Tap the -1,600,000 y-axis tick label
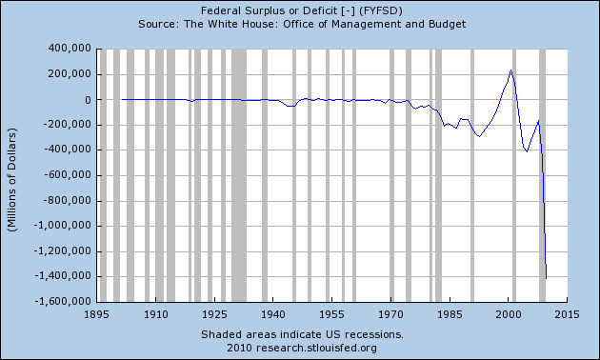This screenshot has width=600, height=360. point(56,302)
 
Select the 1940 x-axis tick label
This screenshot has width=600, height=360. point(273,313)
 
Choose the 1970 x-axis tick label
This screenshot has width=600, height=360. point(390,313)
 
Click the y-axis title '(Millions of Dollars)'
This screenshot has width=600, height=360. point(14,174)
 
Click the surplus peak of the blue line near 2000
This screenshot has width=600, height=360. point(511,70)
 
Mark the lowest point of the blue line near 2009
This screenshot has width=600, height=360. point(547,277)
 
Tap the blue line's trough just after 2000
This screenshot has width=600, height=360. point(527,150)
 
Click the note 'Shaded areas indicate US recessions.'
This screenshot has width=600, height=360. point(302,334)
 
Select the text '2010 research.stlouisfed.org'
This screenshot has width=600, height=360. point(302,348)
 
